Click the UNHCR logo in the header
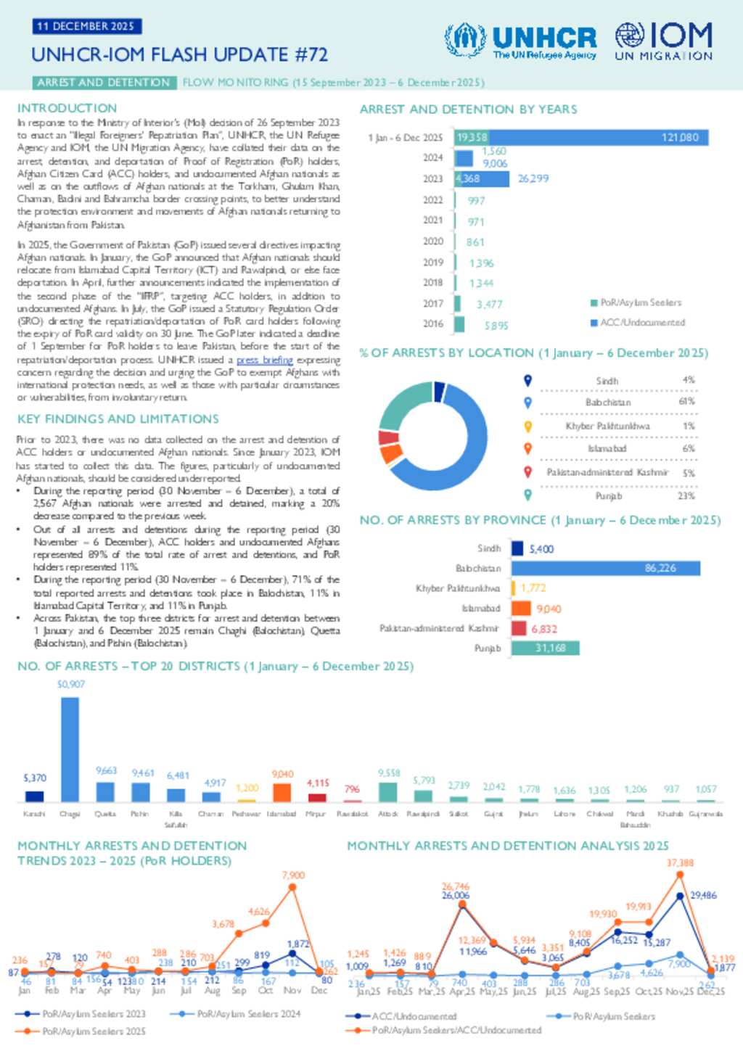(520, 41)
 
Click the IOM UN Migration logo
(663, 41)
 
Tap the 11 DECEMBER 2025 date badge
(86, 26)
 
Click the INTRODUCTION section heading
(67, 108)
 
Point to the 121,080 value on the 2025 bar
(680, 137)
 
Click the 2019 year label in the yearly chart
(433, 263)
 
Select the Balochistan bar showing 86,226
(606, 568)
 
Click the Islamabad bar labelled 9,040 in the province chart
(521, 609)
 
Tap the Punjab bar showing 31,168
(545, 648)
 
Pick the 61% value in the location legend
(686, 402)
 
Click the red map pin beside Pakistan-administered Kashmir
(528, 471)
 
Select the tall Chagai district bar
(70, 749)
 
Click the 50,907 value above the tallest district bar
(71, 684)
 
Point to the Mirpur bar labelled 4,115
(317, 797)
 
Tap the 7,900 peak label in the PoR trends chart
(293, 875)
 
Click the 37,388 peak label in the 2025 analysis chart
(680, 863)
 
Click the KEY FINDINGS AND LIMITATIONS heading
(118, 419)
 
